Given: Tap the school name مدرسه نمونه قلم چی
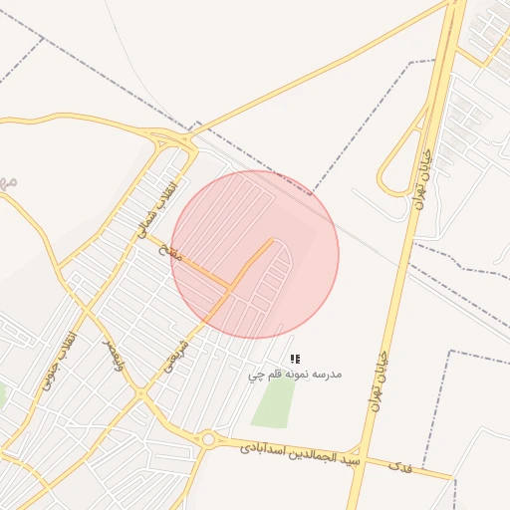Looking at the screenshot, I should point(295,375).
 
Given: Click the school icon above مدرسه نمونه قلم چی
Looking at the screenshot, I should point(295,358).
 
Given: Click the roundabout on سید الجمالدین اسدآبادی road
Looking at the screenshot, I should point(207,439).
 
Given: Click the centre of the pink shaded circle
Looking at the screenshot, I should point(255,255).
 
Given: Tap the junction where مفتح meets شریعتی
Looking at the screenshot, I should point(230,289).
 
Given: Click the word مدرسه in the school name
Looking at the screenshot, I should point(328,374).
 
